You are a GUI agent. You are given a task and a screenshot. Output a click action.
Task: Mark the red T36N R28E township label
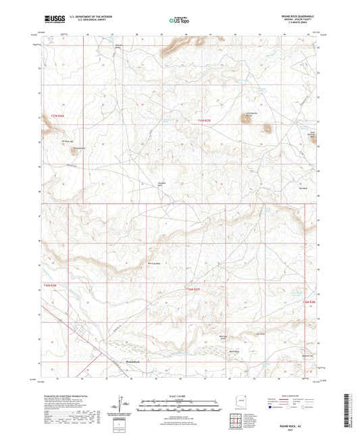click(x=309, y=301)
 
